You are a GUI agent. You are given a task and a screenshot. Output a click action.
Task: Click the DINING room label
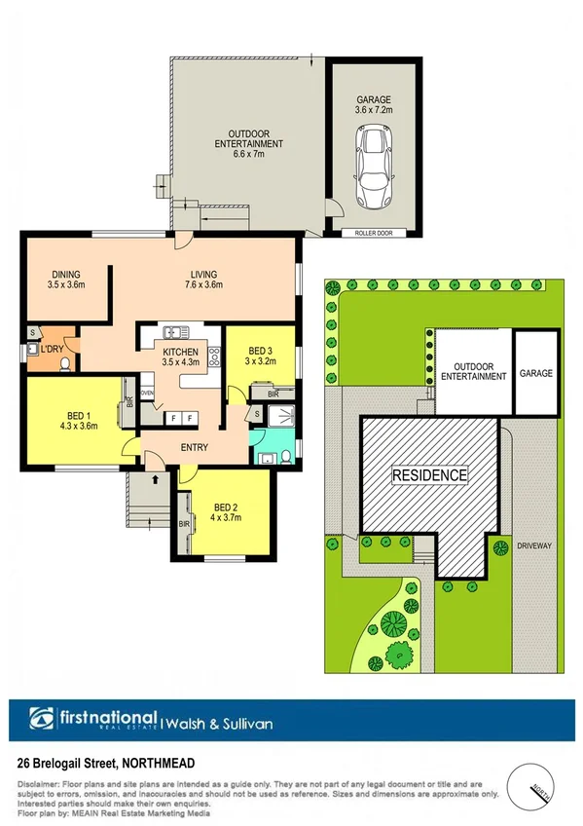point(67,281)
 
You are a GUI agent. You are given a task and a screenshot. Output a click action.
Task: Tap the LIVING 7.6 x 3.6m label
point(203,280)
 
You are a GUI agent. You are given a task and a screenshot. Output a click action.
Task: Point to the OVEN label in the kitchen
point(148,393)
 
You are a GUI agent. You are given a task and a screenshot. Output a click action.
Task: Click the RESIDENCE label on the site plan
point(429,475)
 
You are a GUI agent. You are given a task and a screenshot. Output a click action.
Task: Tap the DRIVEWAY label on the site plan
point(534,545)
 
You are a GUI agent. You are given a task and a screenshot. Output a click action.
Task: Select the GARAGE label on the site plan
point(535,373)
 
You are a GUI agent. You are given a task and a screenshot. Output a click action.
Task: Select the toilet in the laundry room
point(64,364)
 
